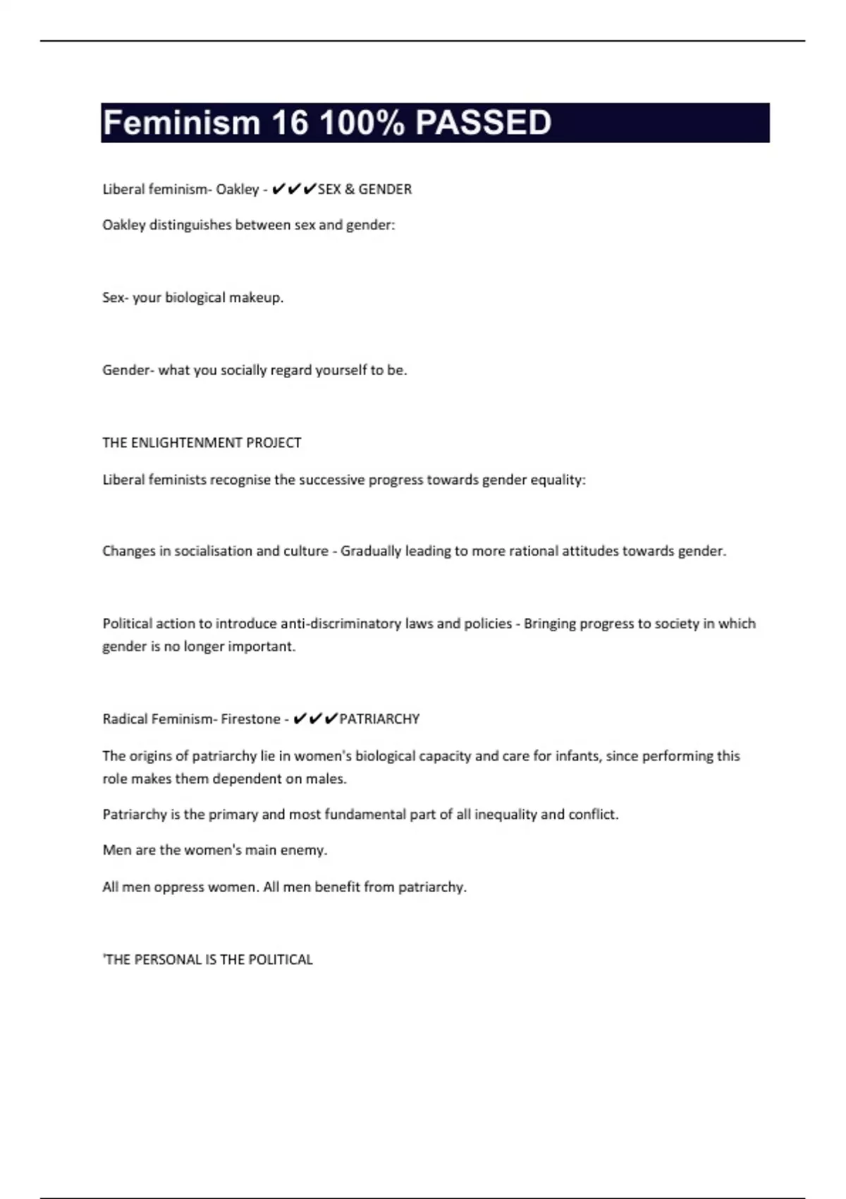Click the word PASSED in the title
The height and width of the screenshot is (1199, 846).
[x=483, y=123]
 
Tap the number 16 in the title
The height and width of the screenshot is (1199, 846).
[x=290, y=123]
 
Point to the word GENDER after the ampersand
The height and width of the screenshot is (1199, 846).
[x=385, y=189]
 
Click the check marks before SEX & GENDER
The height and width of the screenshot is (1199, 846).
[x=294, y=189]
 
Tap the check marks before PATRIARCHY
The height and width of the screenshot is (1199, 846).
[x=315, y=719]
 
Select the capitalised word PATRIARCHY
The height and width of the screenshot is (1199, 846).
[x=379, y=719]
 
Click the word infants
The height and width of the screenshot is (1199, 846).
[x=577, y=756]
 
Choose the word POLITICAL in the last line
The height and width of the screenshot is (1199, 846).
[x=281, y=959]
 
